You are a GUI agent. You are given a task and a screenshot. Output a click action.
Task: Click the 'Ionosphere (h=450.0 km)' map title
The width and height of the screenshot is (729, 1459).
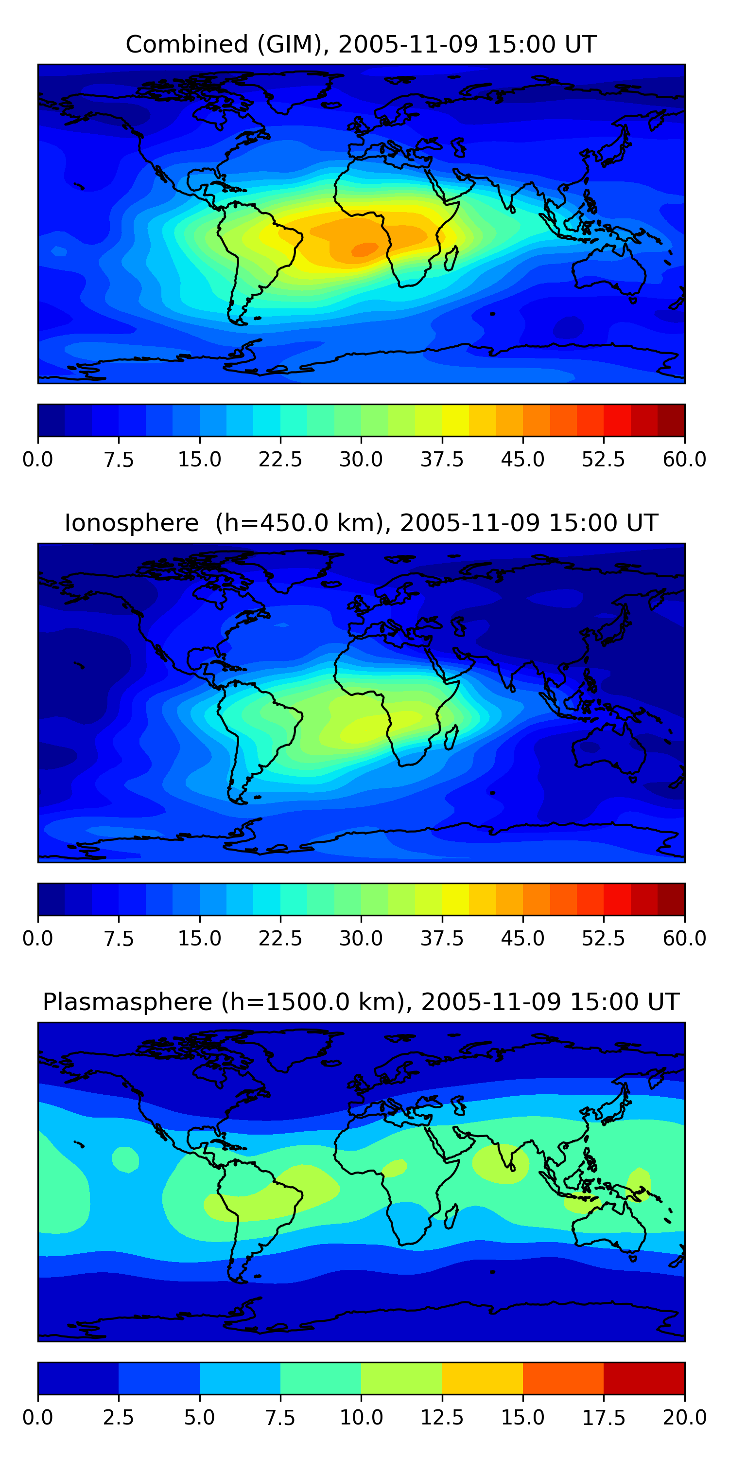227,523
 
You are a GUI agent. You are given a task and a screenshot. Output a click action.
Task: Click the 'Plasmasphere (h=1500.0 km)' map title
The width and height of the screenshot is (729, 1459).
224,1002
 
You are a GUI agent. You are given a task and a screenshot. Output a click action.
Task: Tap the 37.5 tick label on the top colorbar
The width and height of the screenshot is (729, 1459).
442,459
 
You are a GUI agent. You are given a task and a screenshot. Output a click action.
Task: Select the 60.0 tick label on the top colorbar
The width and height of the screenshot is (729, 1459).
685,459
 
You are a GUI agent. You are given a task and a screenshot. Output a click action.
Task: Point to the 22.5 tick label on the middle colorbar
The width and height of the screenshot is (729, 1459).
280,939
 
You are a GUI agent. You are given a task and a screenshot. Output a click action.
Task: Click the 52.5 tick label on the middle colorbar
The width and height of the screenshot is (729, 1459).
603,939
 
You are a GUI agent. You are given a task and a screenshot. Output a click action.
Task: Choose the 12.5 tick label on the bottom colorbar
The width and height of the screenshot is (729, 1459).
442,1418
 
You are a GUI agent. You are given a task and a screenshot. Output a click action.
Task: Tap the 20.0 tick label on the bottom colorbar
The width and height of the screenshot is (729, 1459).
685,1418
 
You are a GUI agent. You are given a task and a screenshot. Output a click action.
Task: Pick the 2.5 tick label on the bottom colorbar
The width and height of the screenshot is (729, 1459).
118,1418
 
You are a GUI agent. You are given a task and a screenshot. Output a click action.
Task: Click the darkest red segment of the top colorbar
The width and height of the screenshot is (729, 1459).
671,420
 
